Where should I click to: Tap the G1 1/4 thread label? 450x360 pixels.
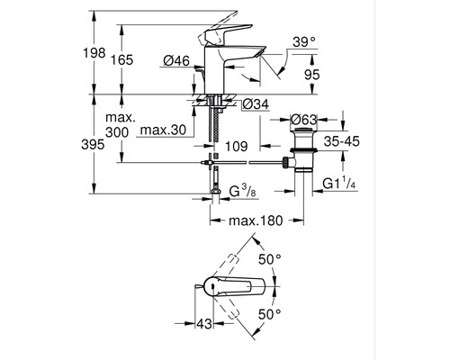(x=343, y=184)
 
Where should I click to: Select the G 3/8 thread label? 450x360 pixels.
(x=245, y=192)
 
